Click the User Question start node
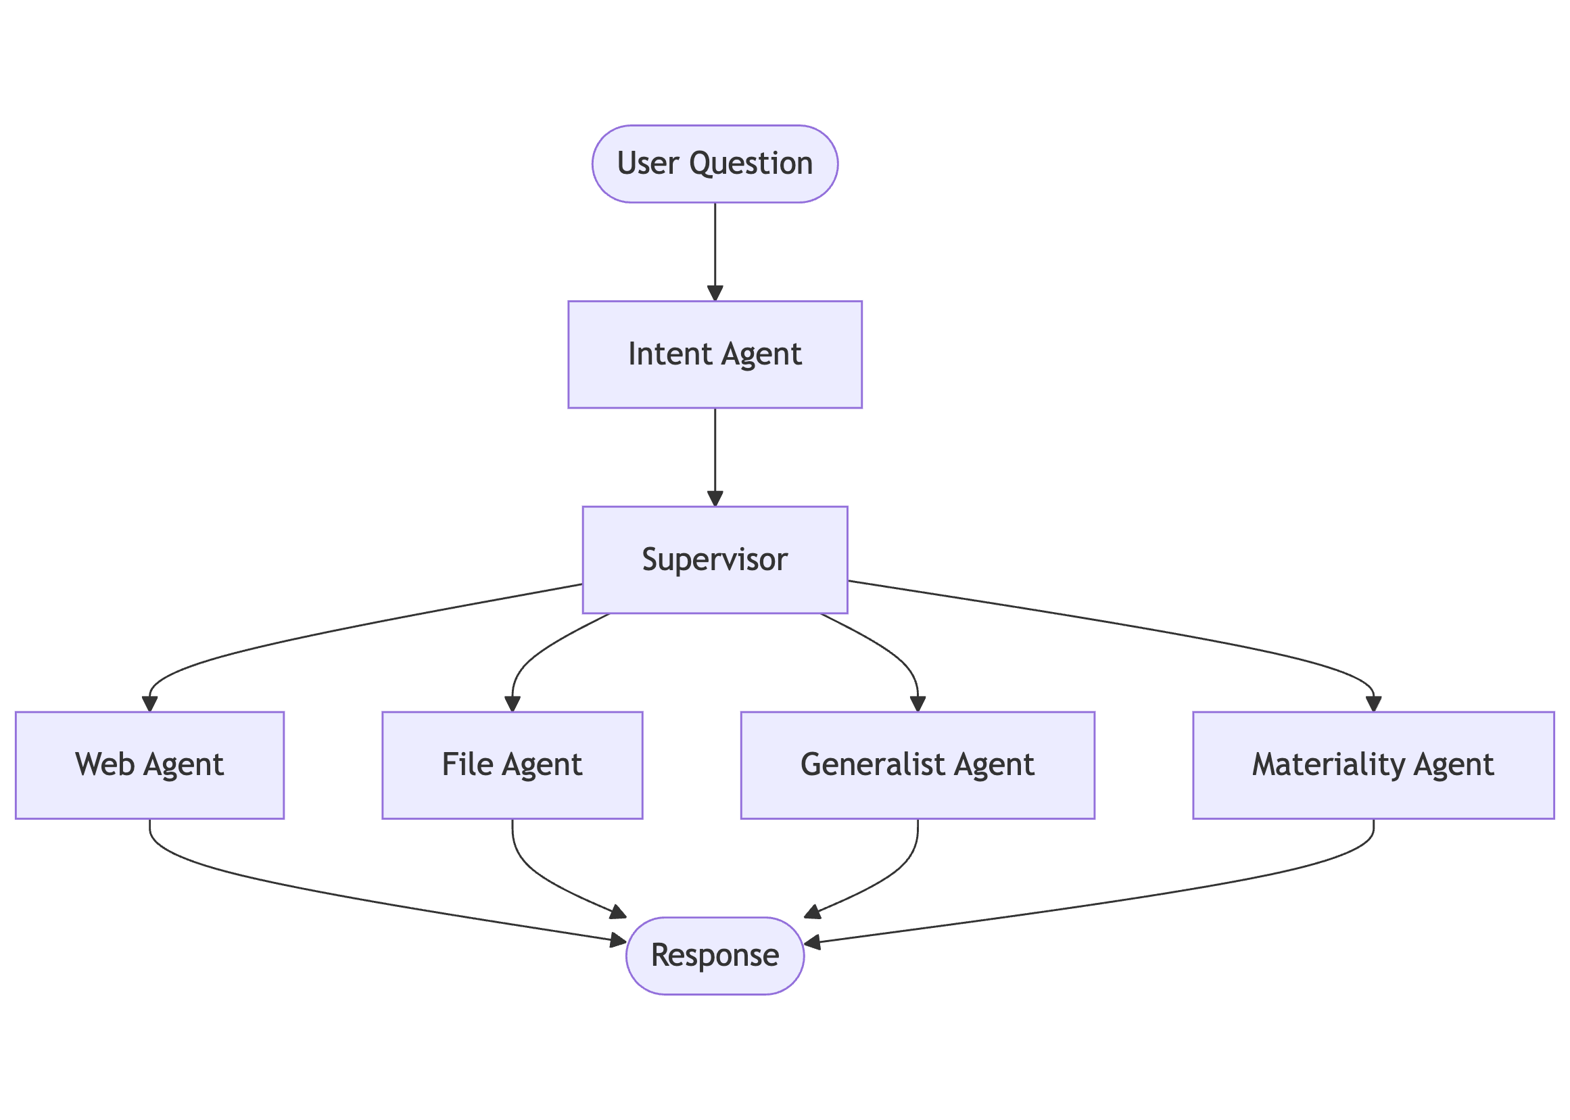point(714,164)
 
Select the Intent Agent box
point(714,354)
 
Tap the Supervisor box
point(714,559)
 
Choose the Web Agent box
point(149,765)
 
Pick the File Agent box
point(513,765)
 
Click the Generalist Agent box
point(917,765)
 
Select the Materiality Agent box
point(1373,765)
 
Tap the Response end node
point(714,955)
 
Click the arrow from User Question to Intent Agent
point(715,252)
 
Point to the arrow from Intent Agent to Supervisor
point(715,457)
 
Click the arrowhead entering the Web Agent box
point(149,704)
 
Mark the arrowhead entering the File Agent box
point(513,704)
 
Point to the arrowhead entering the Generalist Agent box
point(918,704)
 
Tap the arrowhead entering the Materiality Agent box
point(1373,704)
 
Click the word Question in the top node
point(751,164)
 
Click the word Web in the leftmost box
point(105,765)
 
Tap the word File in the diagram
point(467,765)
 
